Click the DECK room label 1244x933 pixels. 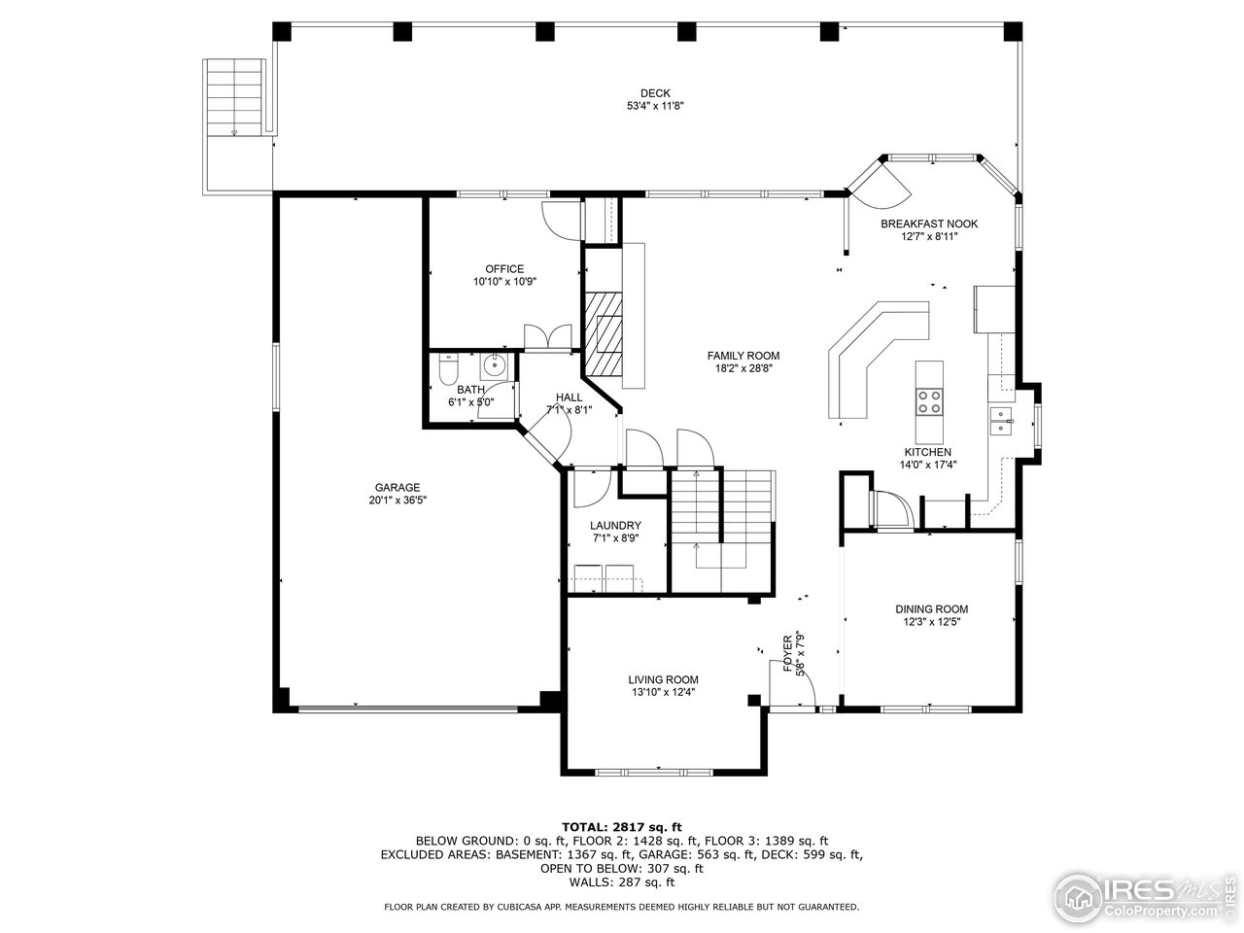(x=661, y=93)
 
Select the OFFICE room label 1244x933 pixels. (x=504, y=269)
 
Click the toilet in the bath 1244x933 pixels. (x=448, y=369)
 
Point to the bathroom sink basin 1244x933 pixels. (x=495, y=366)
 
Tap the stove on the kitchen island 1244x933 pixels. (x=929, y=400)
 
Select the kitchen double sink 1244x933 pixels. (x=1001, y=419)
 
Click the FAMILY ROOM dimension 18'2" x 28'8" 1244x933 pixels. (x=743, y=368)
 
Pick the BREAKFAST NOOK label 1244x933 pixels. (x=929, y=224)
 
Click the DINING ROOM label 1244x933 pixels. (x=931, y=609)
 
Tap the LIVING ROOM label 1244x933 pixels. (x=663, y=679)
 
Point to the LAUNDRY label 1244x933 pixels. (x=615, y=525)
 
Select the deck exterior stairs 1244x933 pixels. (x=235, y=97)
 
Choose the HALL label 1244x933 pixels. (x=570, y=397)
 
